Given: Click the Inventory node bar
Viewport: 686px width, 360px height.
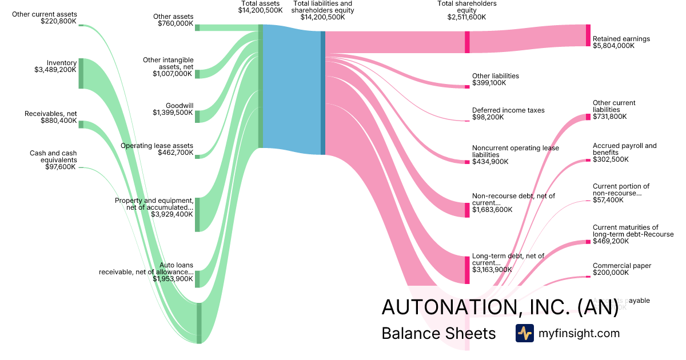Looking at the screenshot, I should [x=81, y=73].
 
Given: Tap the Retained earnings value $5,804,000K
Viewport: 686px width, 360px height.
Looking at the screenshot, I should [x=613, y=46].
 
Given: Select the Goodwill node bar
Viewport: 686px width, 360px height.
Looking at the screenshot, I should [x=197, y=117].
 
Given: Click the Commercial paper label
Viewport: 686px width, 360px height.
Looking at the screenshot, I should [x=622, y=266].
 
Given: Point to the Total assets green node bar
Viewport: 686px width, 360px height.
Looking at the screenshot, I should [x=261, y=86].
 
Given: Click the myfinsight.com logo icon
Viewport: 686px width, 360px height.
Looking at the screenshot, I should [x=524, y=333].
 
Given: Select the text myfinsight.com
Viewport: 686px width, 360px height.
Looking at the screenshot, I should [x=579, y=333].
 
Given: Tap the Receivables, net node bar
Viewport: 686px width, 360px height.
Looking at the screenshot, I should [x=81, y=125].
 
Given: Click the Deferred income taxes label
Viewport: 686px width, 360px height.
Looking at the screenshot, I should [x=508, y=110].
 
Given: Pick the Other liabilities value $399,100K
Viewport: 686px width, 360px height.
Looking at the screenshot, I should [x=489, y=83].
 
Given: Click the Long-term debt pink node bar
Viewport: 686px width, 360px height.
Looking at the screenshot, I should [x=466, y=270].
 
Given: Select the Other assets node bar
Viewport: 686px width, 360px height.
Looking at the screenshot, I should [x=197, y=27].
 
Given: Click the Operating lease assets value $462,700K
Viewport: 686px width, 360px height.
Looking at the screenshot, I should [x=176, y=153].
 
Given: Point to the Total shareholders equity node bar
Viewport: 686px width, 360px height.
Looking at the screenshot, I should [x=467, y=42].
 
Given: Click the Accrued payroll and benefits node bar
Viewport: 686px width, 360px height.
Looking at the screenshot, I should [x=588, y=160].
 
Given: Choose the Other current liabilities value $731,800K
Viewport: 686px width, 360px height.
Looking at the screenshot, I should [x=609, y=116].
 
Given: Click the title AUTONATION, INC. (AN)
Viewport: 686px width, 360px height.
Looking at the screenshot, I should [x=500, y=307].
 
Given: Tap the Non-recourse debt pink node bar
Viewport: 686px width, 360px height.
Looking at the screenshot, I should [x=466, y=210].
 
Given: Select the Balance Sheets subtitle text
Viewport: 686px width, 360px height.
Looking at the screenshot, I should [x=438, y=333].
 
